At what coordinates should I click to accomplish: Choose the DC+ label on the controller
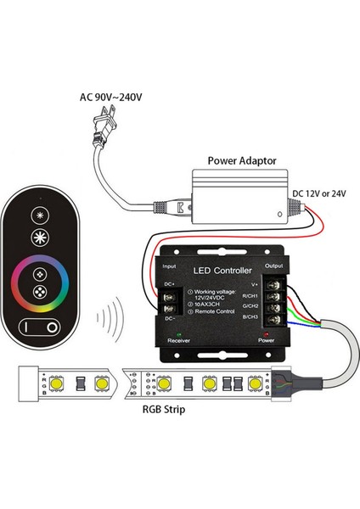click(x=170, y=282)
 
